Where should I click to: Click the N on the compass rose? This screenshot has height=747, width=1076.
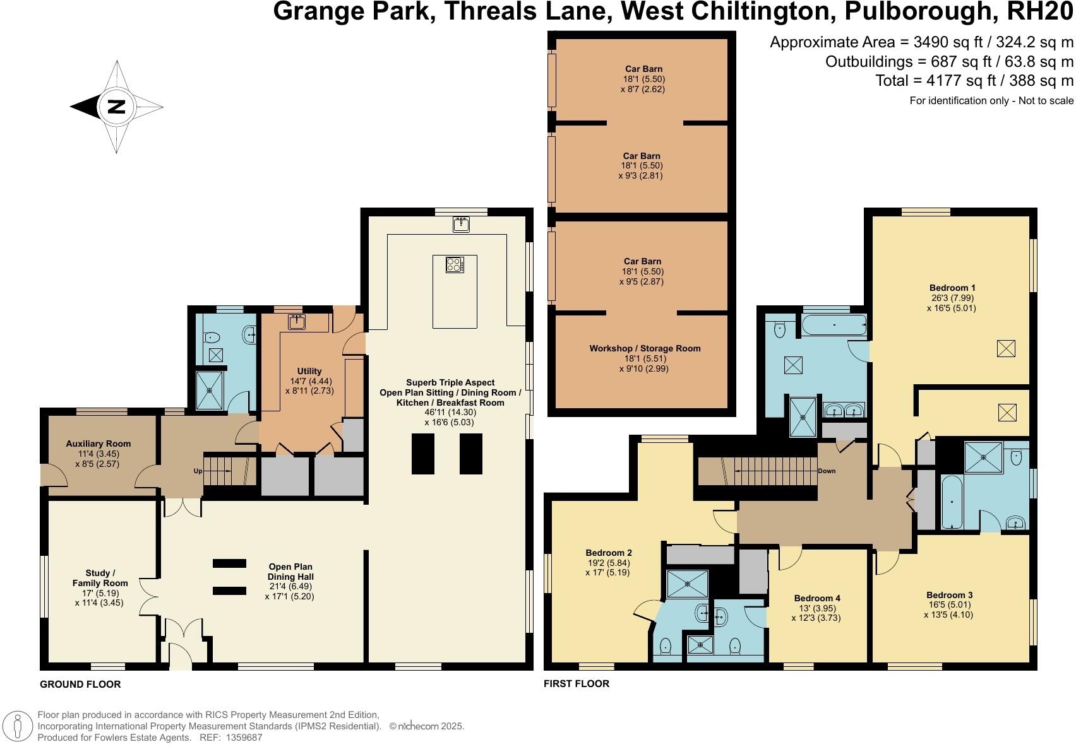[x=116, y=107]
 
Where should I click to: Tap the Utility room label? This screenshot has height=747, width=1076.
[x=309, y=371]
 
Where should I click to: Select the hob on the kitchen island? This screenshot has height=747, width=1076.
[x=454, y=264]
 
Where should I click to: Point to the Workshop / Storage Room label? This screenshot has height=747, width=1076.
[x=645, y=348]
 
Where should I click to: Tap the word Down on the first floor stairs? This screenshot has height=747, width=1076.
[x=827, y=471]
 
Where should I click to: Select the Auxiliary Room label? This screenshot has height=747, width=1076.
[x=98, y=444]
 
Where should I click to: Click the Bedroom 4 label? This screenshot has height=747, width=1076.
[x=817, y=598]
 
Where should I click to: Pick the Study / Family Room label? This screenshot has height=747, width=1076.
[x=100, y=578]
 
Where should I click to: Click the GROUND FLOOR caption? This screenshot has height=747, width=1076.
[x=80, y=684]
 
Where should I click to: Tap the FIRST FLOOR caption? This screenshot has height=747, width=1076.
[x=577, y=683]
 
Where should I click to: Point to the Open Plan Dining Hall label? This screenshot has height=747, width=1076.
[x=290, y=572]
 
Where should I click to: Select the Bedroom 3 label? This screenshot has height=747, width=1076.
[x=949, y=594]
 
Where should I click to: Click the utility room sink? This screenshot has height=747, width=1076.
[x=297, y=322]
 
